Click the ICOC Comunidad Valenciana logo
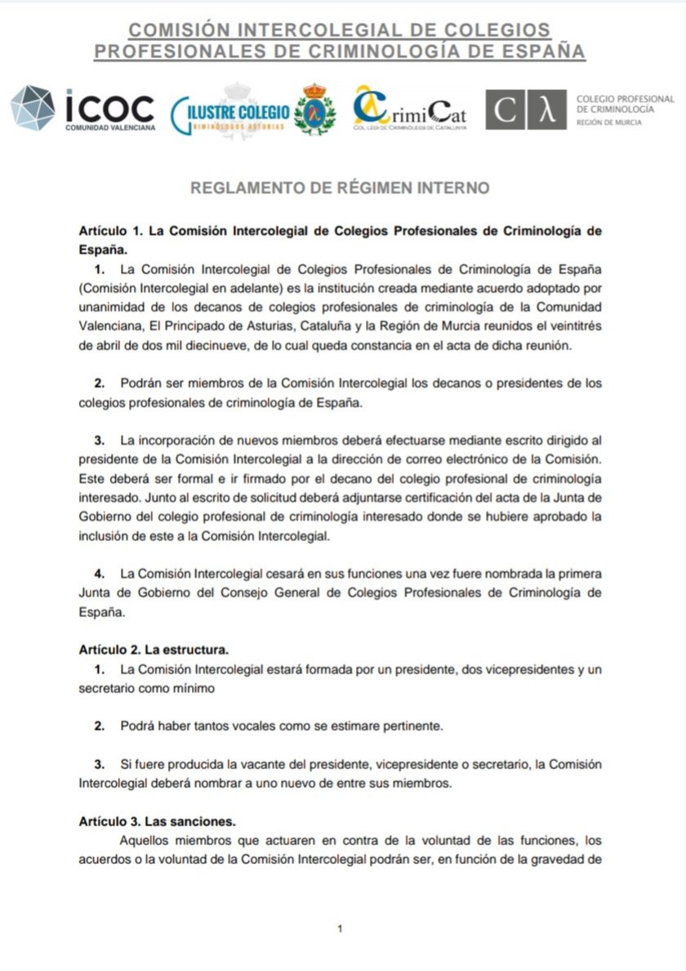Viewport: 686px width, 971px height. coord(82,110)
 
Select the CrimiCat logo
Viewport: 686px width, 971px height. coord(409,111)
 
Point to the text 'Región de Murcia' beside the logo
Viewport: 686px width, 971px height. coord(609,123)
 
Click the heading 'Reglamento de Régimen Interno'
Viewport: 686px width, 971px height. coord(340,188)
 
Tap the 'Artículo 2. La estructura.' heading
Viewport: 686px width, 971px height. coord(154,651)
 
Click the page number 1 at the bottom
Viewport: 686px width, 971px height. coord(340,928)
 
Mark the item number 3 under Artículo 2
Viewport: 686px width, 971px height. coord(99,764)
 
